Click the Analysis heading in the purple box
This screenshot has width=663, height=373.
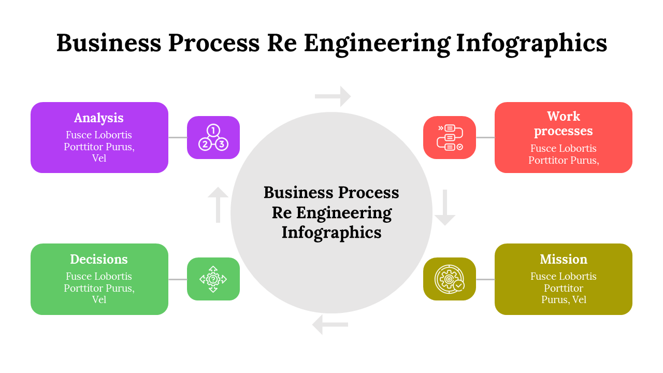click(99, 118)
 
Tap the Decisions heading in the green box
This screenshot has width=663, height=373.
click(99, 259)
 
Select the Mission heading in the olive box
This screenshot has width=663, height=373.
click(564, 259)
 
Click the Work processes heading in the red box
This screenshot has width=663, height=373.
click(564, 123)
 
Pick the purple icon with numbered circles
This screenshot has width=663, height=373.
click(213, 137)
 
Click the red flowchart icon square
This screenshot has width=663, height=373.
click(450, 137)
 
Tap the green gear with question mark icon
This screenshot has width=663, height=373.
click(213, 279)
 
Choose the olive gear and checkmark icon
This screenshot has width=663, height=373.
click(450, 279)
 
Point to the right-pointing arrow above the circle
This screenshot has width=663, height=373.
click(333, 96)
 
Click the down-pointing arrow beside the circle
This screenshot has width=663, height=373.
click(445, 208)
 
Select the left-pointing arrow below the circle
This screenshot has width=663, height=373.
click(330, 325)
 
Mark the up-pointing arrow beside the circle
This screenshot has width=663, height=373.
click(218, 205)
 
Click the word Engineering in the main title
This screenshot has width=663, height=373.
click(377, 43)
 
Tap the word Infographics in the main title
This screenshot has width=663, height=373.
click(531, 43)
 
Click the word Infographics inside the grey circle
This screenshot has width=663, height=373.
click(331, 233)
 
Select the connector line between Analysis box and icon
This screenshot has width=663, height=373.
click(178, 137)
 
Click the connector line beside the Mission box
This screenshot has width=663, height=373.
click(485, 279)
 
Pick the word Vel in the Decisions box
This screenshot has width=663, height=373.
click(99, 299)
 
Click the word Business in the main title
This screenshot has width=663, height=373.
click(109, 43)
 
